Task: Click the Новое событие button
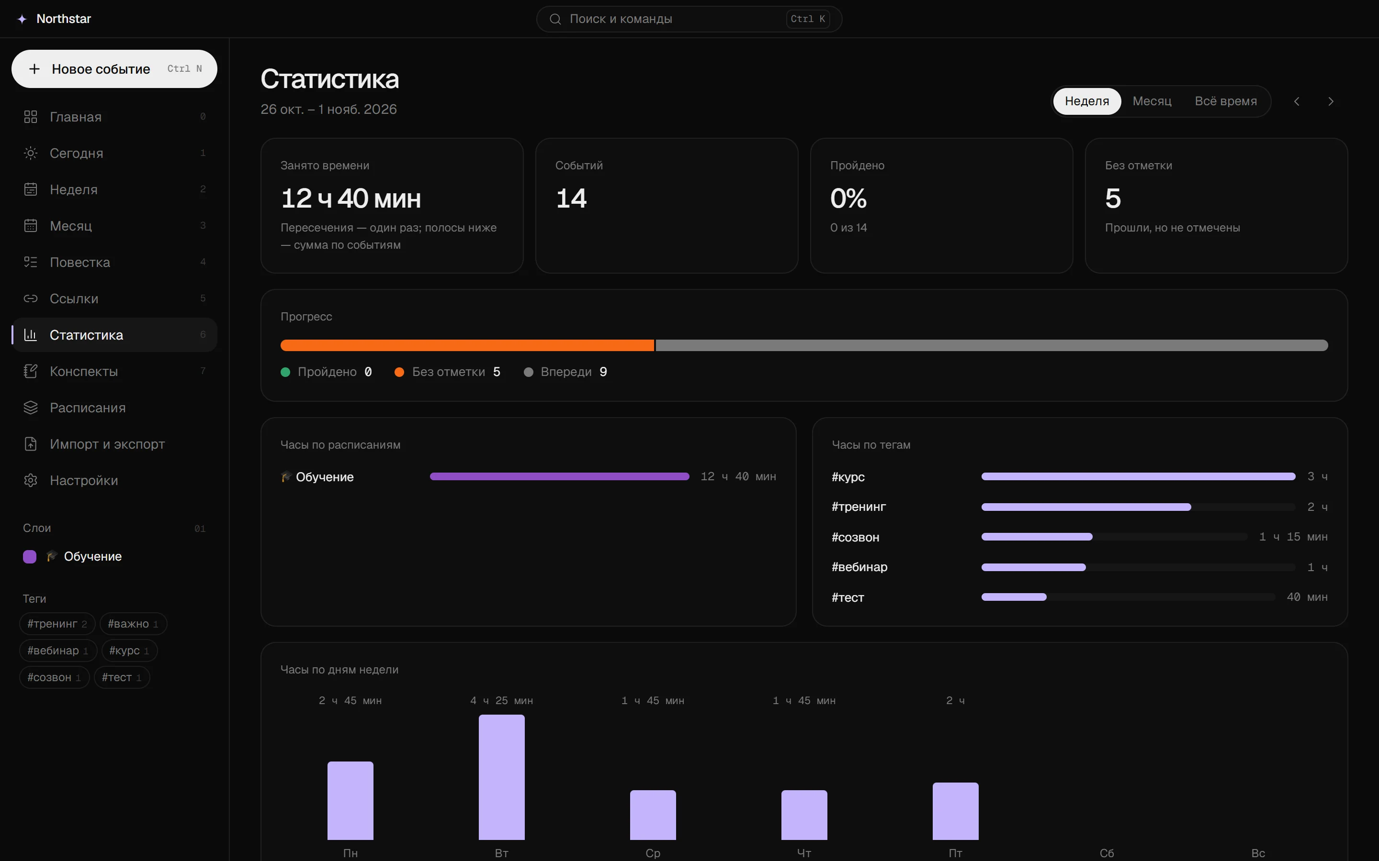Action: click(114, 69)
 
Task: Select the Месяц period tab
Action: click(1152, 101)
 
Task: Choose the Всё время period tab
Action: click(1226, 101)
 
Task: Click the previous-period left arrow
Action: click(1296, 101)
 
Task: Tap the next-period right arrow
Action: click(1331, 101)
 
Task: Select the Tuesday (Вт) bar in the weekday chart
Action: click(501, 777)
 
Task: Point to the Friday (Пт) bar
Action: click(955, 811)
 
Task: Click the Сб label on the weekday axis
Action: click(1107, 853)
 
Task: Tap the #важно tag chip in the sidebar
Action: click(133, 624)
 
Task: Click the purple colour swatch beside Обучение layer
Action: click(30, 556)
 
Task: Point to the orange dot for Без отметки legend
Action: click(399, 372)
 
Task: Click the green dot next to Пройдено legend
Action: click(285, 372)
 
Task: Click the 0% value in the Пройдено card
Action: click(848, 198)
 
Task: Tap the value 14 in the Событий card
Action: click(571, 198)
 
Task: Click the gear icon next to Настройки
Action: click(31, 481)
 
